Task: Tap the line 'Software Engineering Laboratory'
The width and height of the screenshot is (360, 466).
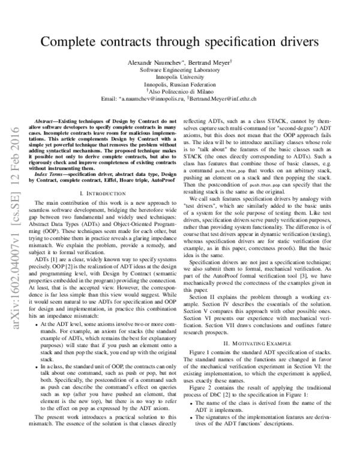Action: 179,70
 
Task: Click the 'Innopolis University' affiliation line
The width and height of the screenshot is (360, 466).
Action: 179,77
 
